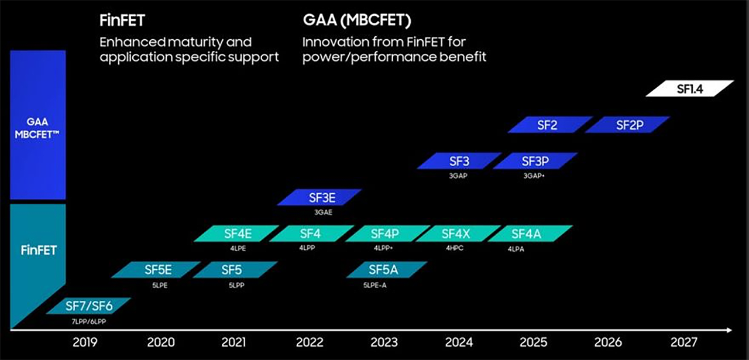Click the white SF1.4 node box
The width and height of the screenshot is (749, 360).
689,88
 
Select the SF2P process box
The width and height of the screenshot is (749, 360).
627,125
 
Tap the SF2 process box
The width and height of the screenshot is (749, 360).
549,125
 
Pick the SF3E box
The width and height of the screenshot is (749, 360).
319,197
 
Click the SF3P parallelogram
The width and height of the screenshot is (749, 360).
535,161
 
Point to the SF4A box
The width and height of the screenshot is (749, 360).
529,234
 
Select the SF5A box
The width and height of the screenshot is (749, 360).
386,270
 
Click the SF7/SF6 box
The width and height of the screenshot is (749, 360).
88,306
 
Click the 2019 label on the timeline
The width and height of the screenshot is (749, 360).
85,342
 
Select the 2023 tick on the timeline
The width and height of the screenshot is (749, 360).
384,342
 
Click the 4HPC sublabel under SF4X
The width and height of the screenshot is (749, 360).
453,248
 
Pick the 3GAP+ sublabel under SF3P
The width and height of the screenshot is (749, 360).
534,175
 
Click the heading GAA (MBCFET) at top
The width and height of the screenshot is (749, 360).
357,21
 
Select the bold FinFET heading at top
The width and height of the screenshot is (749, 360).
122,21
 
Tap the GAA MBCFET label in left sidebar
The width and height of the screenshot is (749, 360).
37,127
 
